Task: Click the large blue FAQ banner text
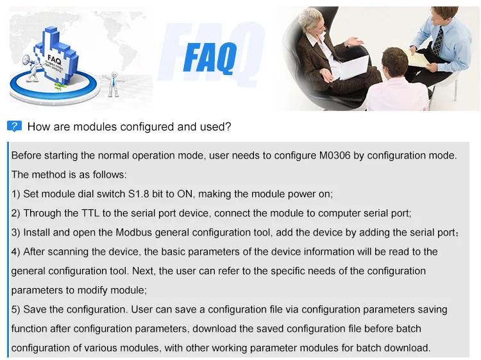click(x=209, y=58)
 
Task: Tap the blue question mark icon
click(x=13, y=126)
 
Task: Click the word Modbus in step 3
click(x=124, y=232)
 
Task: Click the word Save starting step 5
click(x=35, y=309)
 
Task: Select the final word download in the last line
click(x=407, y=348)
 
